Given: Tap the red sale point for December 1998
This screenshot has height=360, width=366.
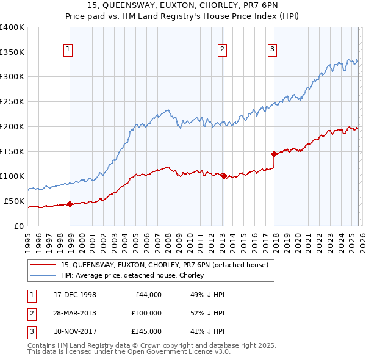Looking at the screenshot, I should [x=70, y=204].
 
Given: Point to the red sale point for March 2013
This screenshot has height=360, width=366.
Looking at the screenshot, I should [x=223, y=176].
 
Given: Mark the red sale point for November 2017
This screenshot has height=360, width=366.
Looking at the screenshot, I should [x=274, y=154].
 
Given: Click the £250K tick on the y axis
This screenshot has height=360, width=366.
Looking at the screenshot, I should [x=12, y=102].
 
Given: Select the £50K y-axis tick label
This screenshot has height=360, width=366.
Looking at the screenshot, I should [x=14, y=201].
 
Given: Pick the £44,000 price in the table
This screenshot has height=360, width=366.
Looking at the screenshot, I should [x=147, y=295].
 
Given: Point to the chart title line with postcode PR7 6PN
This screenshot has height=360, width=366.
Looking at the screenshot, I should [x=183, y=7].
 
